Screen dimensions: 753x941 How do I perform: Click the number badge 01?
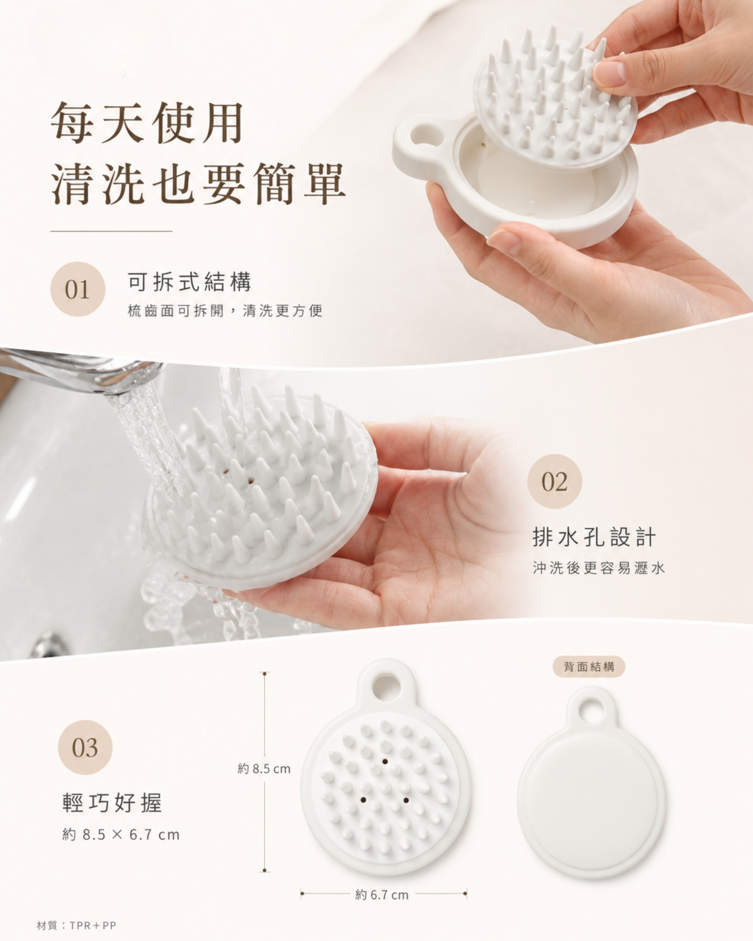click(x=78, y=289)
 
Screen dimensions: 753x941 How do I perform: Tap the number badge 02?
click(x=555, y=481)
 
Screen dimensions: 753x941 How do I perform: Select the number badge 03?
click(x=85, y=747)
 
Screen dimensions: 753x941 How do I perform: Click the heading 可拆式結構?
click(x=189, y=282)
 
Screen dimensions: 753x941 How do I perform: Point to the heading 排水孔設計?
click(x=594, y=536)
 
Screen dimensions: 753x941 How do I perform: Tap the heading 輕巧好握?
click(x=112, y=803)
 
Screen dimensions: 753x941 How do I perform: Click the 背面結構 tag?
click(x=589, y=667)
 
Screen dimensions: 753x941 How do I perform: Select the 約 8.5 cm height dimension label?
click(x=264, y=768)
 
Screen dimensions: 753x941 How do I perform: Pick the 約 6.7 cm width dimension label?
click(x=382, y=895)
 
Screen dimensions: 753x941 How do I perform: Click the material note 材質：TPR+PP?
click(x=76, y=925)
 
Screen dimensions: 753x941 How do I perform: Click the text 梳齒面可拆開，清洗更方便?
click(x=225, y=311)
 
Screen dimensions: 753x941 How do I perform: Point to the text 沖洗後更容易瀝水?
click(x=598, y=568)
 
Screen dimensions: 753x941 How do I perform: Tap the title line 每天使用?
click(x=147, y=123)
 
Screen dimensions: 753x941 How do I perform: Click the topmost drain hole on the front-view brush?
click(x=385, y=761)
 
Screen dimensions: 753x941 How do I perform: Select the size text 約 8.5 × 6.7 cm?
click(x=121, y=835)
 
